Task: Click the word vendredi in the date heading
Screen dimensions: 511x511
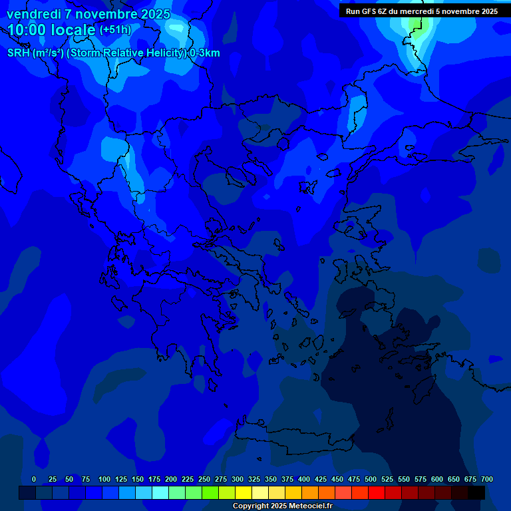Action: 34,14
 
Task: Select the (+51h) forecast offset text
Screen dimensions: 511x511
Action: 115,30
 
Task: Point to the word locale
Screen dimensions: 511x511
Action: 75,30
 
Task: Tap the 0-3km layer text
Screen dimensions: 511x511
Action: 204,53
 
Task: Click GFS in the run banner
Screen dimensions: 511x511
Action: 369,11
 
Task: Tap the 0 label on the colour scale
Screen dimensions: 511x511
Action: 34,479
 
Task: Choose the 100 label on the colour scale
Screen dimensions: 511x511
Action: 104,479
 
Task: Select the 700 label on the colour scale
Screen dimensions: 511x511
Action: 487,479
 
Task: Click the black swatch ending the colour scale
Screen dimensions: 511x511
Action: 476,492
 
